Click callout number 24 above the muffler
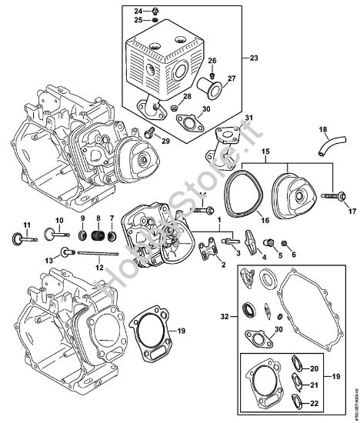[x=138, y=11]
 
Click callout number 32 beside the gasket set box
[x=224, y=316]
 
